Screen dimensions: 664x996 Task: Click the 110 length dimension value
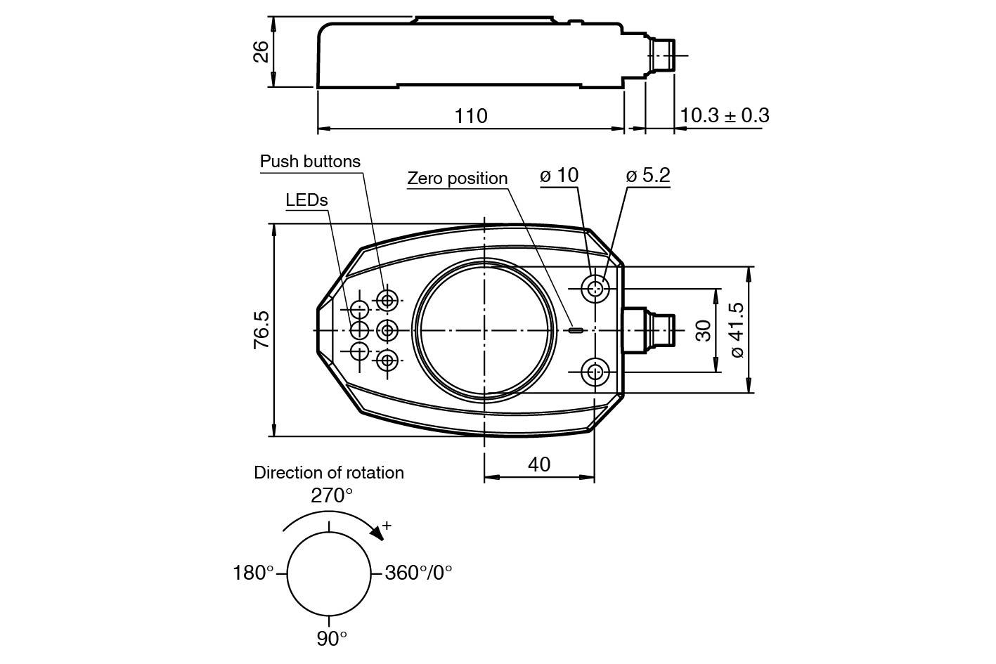470,116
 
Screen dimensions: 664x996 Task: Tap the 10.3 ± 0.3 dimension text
724,115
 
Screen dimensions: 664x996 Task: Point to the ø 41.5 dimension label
737,330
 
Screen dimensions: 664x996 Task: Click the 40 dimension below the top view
539,464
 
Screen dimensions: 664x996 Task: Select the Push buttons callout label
310,162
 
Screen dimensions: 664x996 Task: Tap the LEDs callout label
306,200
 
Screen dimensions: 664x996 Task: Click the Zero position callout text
457,178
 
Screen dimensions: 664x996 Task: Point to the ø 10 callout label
559,175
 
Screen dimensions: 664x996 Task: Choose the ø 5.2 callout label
647,175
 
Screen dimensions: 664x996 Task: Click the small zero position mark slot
576,330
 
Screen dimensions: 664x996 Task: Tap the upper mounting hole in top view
595,287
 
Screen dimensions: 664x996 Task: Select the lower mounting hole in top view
595,372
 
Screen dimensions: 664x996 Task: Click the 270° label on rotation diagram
332,496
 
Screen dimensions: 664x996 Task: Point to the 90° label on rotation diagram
332,639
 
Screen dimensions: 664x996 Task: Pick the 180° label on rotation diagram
253,573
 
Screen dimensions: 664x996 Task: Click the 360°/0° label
418,573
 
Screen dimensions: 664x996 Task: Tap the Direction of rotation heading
329,473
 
